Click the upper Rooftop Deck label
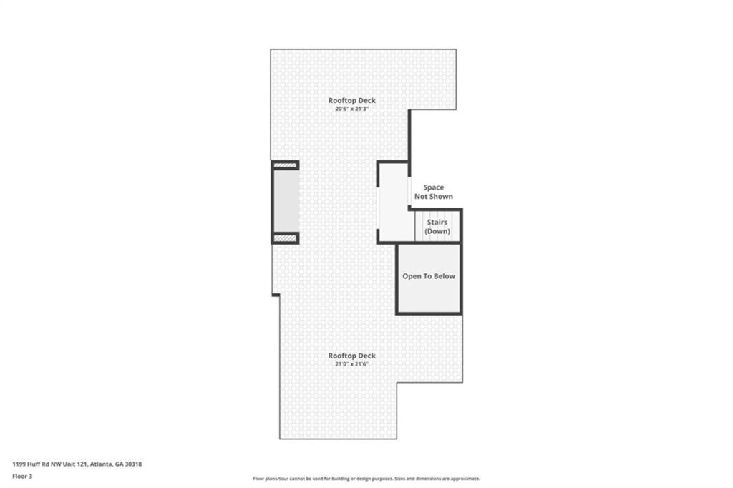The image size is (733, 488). coord(351,100)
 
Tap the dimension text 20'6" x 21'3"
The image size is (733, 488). coord(351,109)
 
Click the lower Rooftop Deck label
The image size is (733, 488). coord(351,356)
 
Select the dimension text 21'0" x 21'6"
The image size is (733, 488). coord(351,364)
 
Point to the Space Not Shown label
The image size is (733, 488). coord(433,192)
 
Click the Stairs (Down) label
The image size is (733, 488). coord(437,227)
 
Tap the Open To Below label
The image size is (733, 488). coord(429,276)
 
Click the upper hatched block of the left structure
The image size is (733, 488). coord(285,165)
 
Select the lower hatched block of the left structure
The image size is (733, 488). coord(285,238)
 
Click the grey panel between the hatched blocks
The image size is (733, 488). coord(286,201)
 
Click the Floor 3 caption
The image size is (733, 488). coord(22,477)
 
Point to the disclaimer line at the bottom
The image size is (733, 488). coord(366,479)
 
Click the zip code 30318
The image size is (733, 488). coord(133,464)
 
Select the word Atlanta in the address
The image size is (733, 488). coord(101,464)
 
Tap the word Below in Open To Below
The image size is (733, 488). coord(445,276)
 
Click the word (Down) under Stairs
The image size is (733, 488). coord(437,231)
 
